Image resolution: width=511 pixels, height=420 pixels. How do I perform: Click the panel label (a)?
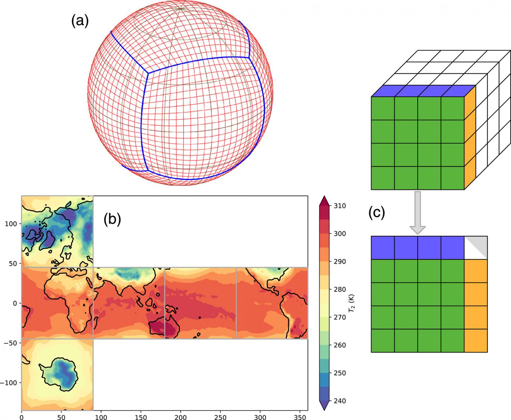[80, 22]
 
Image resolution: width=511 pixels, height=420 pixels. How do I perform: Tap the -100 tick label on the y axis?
[9, 383]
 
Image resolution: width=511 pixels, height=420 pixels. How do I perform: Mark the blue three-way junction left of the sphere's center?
[148, 73]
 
